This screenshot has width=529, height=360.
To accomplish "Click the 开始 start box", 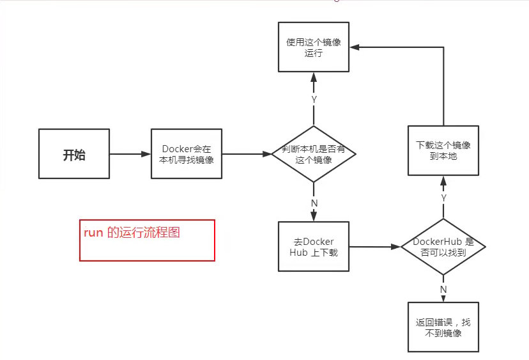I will click(73, 154).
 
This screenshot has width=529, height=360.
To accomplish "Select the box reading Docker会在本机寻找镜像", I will click(186, 154).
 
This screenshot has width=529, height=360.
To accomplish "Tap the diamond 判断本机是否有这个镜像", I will click(314, 154).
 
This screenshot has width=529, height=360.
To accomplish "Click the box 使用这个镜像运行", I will click(314, 47).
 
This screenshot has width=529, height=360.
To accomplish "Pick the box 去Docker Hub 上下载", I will click(314, 246).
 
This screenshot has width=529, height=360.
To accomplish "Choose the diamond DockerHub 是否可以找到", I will click(443, 246).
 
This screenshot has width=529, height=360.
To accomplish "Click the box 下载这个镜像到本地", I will click(443, 150).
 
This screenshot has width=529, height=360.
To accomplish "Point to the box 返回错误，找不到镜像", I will click(443, 327).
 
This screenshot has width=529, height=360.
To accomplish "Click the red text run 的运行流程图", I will click(132, 233).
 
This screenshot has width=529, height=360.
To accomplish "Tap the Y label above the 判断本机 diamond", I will click(314, 99).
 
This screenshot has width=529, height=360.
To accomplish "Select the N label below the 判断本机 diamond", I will click(314, 203).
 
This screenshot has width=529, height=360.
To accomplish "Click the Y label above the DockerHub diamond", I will click(443, 198).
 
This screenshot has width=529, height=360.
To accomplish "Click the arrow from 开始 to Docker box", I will click(130, 154).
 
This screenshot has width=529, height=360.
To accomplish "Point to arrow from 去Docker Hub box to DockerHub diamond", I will click(374, 246).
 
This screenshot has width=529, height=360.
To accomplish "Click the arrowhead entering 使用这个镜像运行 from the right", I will click(354, 47).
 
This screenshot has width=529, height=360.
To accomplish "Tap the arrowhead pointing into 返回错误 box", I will click(443, 298).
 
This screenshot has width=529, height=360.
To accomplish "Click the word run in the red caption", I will click(93, 233).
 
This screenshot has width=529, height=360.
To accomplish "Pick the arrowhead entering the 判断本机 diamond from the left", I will click(267, 154).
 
